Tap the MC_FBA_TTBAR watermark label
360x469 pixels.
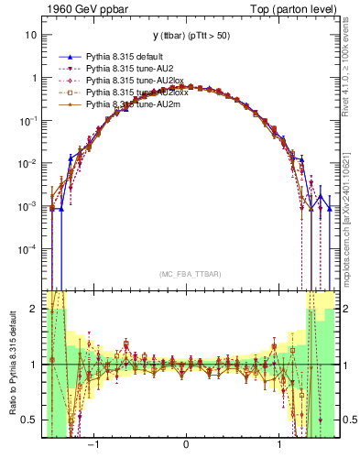(187, 274)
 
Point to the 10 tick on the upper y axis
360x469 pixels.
(31, 35)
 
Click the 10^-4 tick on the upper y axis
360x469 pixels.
(27, 249)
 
